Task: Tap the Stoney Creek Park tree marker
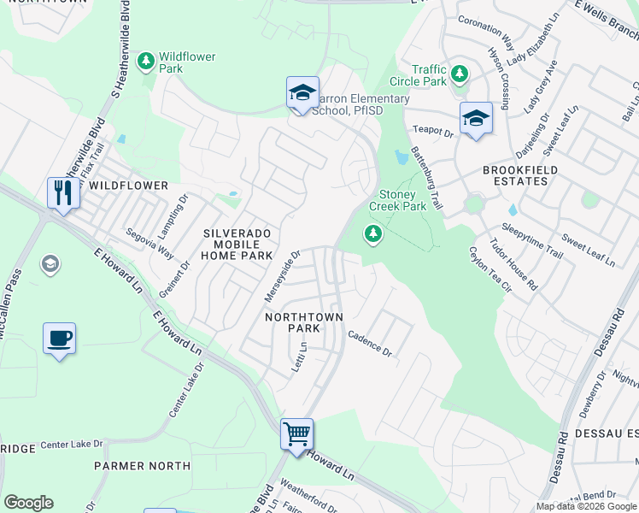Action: (x=372, y=233)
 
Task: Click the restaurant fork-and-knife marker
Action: (x=63, y=192)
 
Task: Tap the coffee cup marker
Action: (x=59, y=338)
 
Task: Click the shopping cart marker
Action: (x=296, y=433)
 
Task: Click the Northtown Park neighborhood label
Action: (x=303, y=322)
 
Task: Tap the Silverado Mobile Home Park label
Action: (x=237, y=244)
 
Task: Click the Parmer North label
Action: (x=142, y=466)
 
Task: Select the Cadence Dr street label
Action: (x=369, y=345)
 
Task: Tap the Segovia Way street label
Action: (x=149, y=244)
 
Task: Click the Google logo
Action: (x=28, y=503)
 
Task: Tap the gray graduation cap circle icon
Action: (x=50, y=263)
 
